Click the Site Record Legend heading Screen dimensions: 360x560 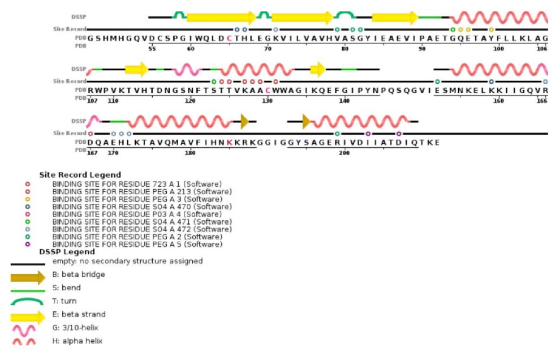[x=80, y=175]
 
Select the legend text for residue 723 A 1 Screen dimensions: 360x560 [x=137, y=184]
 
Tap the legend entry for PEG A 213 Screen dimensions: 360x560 [x=142, y=191]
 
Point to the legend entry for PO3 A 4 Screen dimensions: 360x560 [x=137, y=214]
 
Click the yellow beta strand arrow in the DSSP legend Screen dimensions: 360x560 [x=28, y=316]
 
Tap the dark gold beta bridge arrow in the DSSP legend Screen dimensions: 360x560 [x=28, y=277]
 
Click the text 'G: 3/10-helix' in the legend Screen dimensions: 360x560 [x=76, y=328]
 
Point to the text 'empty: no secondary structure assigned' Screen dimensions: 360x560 [x=127, y=261]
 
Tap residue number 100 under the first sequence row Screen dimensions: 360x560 [x=498, y=49]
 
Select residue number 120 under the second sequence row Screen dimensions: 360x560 [x=191, y=101]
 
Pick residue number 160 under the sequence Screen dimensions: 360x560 [x=498, y=101]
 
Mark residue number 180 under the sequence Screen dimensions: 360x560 [x=191, y=153]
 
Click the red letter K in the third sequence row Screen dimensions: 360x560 [x=229, y=143]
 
